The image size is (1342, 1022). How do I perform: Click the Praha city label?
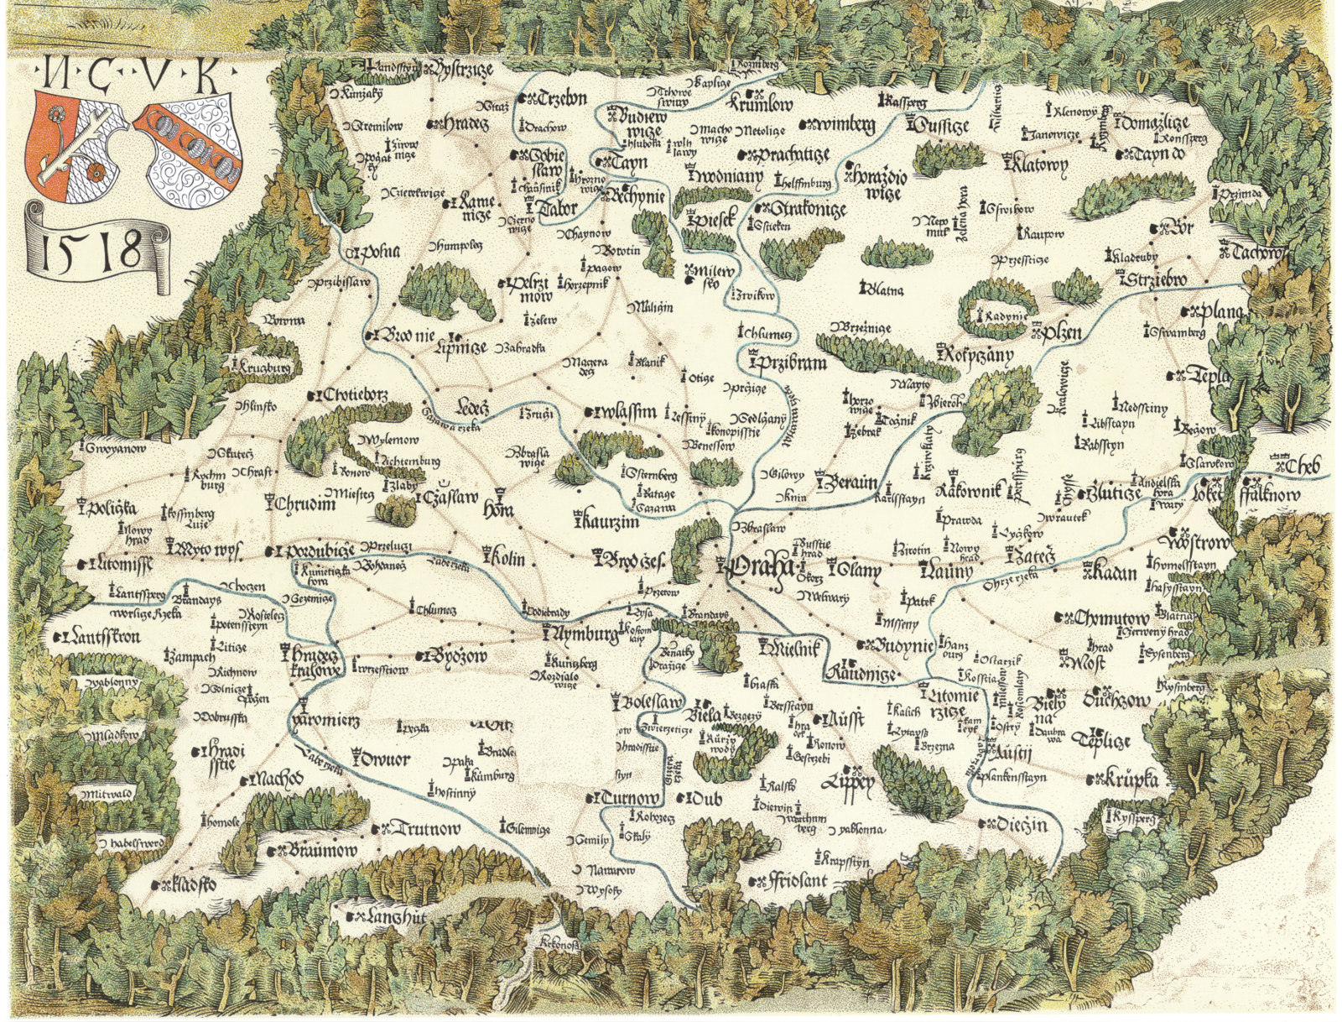pyautogui.click(x=759, y=568)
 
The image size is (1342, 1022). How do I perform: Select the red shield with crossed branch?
pyautogui.click(x=80, y=143)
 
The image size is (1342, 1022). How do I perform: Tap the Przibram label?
pyautogui.click(x=789, y=363)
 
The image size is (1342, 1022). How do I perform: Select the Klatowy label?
pyautogui.click(x=1037, y=164)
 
